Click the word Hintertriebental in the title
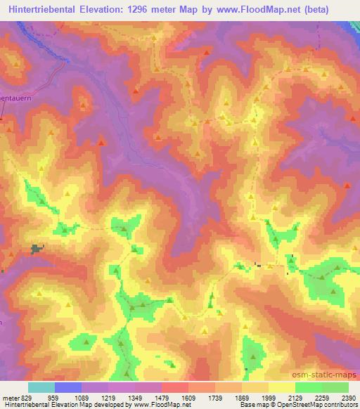click(43, 10)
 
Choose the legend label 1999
click(266, 398)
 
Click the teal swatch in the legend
click(41, 387)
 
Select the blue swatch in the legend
click(68, 387)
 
